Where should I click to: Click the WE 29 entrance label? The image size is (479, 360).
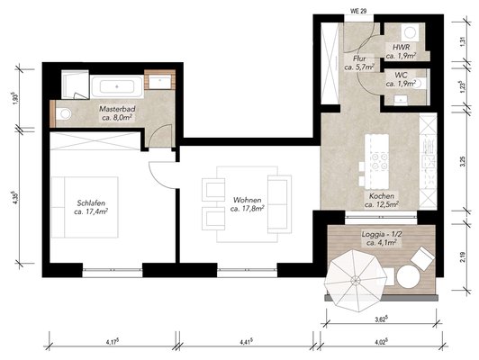(x=358, y=11)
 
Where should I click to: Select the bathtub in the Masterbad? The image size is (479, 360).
(x=117, y=86)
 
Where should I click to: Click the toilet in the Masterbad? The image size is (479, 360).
(x=64, y=114)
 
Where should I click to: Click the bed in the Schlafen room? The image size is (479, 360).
(x=85, y=207)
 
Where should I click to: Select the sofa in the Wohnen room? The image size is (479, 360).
(x=279, y=204)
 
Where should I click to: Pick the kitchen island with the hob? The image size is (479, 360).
(x=376, y=161)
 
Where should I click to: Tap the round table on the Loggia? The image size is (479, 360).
(x=408, y=276)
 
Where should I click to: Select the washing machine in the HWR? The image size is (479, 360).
(x=410, y=32)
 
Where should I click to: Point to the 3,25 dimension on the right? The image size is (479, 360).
(x=464, y=161)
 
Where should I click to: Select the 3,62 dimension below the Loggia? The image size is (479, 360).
(x=382, y=319)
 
